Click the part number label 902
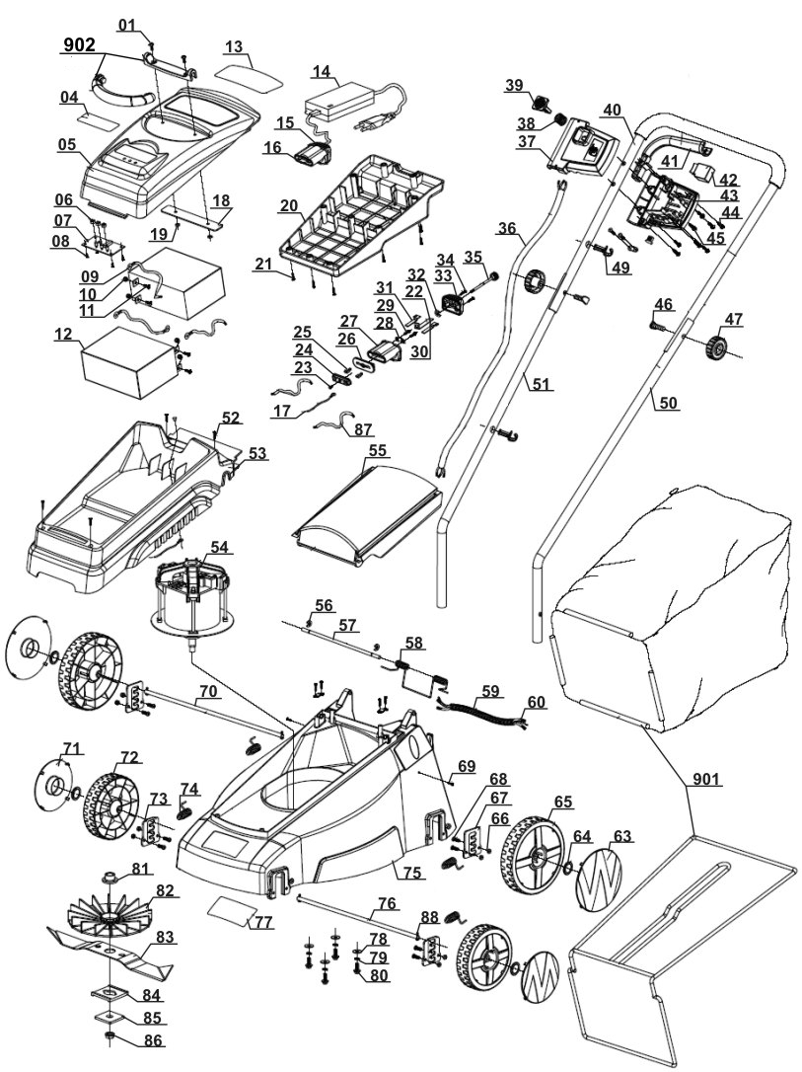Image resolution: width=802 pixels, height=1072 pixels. [80, 45]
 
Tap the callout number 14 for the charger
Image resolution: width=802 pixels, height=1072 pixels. [322, 70]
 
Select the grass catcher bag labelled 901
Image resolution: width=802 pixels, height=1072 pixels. [671, 602]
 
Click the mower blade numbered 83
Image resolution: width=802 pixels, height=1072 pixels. [109, 949]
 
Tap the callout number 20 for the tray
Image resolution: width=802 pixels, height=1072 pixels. [289, 205]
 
